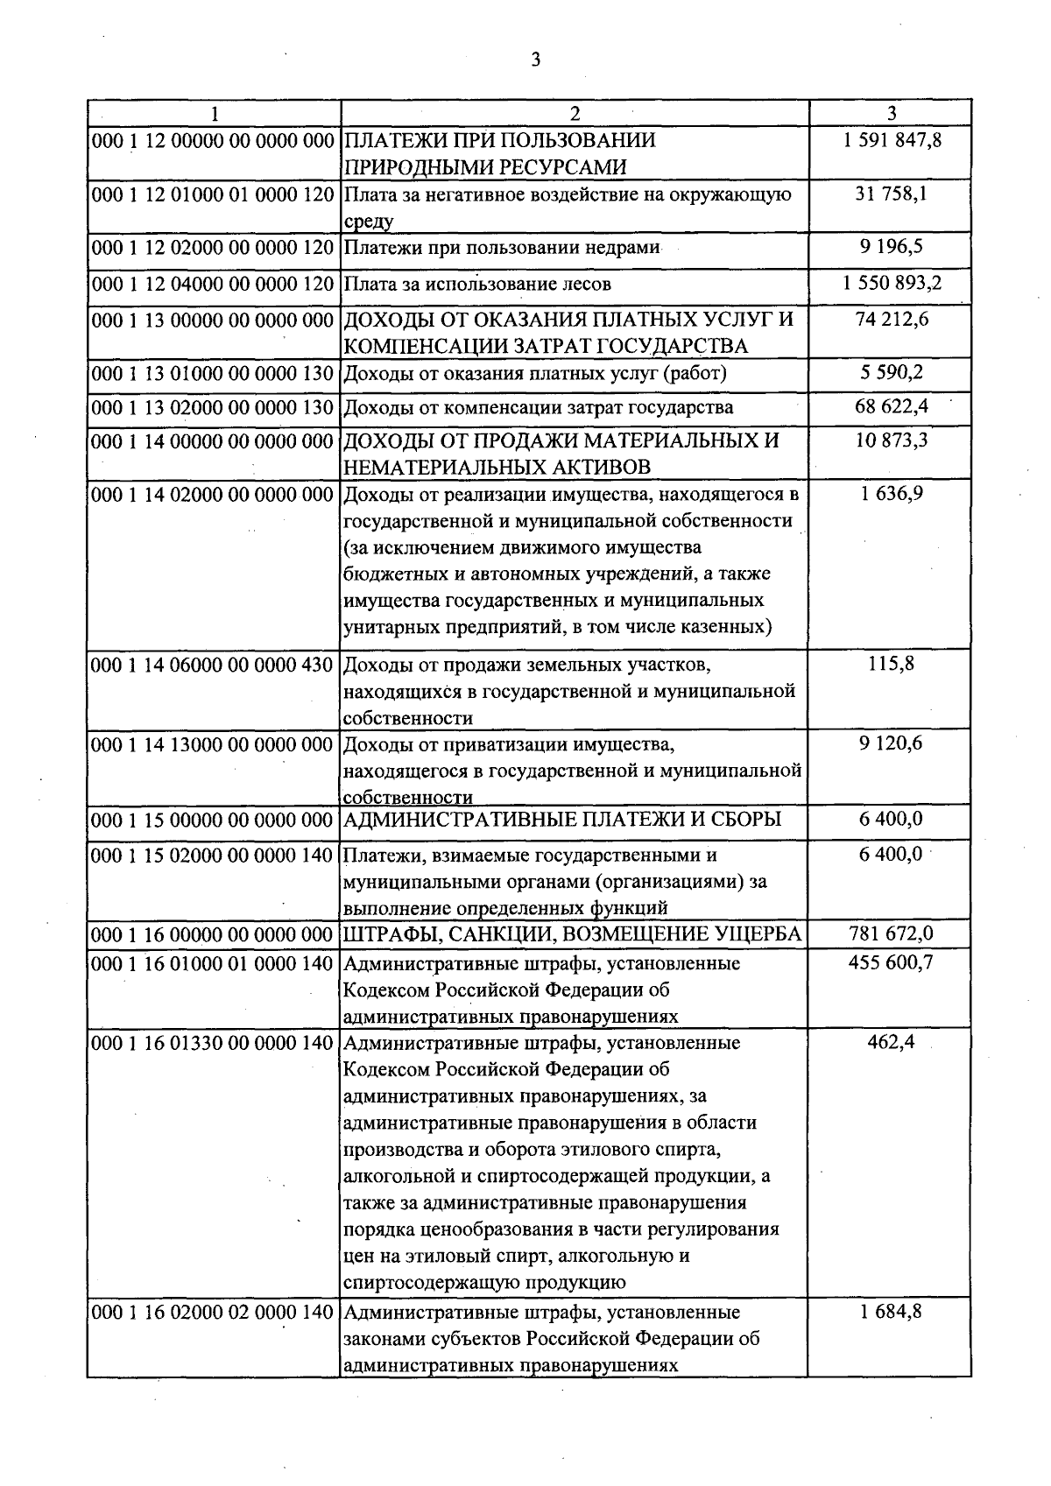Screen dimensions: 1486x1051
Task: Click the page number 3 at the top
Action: pos(536,60)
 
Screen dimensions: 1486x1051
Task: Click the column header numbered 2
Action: pos(575,113)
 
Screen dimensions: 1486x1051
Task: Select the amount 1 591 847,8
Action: pos(891,140)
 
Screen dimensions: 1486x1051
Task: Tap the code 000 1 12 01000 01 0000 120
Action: pos(213,194)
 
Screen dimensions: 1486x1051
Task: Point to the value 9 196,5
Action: pos(891,247)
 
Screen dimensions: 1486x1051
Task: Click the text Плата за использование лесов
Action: pos(477,285)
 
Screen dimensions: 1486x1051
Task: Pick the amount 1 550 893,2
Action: pos(891,284)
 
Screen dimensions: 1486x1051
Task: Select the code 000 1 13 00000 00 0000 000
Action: pos(213,320)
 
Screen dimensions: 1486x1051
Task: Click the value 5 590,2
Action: pos(891,374)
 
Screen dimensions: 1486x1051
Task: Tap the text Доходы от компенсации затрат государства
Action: pos(539,408)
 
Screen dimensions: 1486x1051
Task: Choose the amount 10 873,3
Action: pos(891,440)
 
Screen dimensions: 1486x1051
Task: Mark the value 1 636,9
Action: pos(891,494)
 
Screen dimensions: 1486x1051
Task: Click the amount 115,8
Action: pos(891,665)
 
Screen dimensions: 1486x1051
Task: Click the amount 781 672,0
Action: pos(891,934)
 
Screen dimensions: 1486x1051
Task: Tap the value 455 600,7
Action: pos(891,963)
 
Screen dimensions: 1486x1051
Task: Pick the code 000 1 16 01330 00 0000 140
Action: pos(213,1044)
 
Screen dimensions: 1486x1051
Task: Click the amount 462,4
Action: pos(891,1043)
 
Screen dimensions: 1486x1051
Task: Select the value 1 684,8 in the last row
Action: pos(891,1313)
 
